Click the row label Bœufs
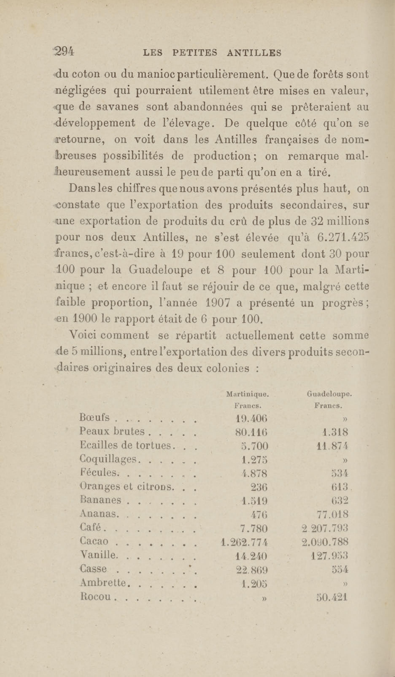point(95,417)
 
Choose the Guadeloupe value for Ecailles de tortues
point(332,446)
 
